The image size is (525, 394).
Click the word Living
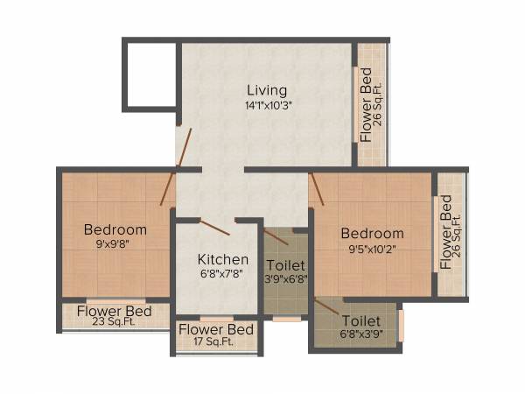click(266, 90)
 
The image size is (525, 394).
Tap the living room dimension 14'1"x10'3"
click(267, 105)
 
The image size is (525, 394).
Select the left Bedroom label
click(115, 229)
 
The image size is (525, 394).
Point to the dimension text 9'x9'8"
click(115, 244)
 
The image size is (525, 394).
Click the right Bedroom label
click(372, 233)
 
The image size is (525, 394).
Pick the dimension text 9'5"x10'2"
click(372, 248)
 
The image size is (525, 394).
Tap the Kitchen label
click(222, 259)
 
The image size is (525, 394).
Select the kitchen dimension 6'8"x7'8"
click(222, 274)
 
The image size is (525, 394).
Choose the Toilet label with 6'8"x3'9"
click(362, 320)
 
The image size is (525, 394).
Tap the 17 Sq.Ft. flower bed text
click(216, 342)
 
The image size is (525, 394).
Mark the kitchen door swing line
click(214, 228)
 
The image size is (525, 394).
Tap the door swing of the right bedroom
click(316, 188)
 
